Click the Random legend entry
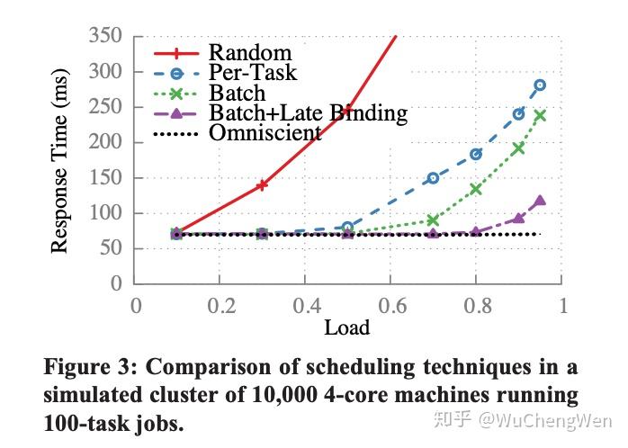[x=250, y=52]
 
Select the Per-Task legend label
[x=253, y=73]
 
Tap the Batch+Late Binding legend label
[x=309, y=113]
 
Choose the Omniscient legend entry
[x=265, y=133]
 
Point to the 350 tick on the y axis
[x=106, y=37]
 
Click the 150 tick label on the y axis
[x=106, y=178]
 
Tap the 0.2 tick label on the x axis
[x=219, y=305]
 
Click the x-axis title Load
[x=347, y=327]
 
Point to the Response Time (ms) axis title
[x=60, y=158]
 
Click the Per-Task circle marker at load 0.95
[x=540, y=85]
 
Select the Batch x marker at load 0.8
[x=476, y=189]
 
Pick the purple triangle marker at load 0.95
[x=540, y=201]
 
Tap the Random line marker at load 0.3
[x=262, y=185]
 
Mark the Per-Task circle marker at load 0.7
[x=433, y=178]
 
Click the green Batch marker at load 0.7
[x=433, y=220]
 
